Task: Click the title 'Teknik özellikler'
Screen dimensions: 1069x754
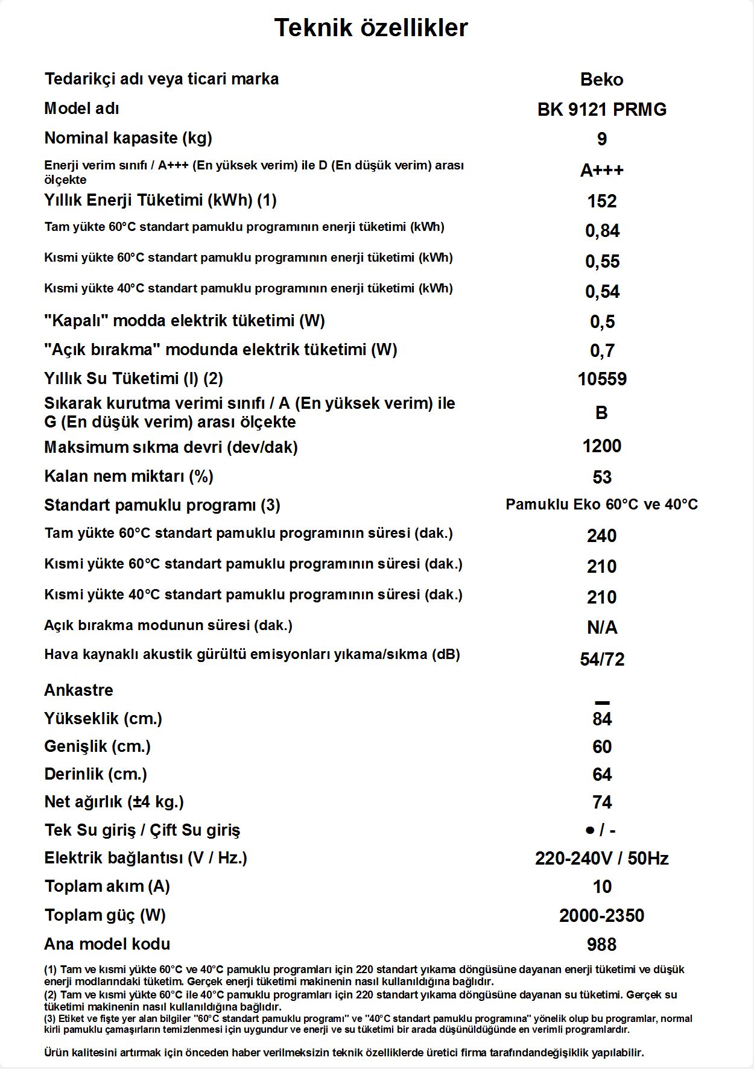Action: (371, 28)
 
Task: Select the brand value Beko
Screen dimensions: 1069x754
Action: (601, 80)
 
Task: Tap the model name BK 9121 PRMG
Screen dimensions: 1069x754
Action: (601, 110)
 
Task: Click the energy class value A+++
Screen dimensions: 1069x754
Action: (601, 171)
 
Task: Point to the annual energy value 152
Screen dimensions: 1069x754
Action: (601, 201)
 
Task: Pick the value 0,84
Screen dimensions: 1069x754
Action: (602, 231)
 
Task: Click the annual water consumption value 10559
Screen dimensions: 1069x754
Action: (601, 379)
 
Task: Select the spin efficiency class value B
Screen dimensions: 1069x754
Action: (601, 413)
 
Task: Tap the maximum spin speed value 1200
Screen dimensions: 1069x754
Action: (601, 446)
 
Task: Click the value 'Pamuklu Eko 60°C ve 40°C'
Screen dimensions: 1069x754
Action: (601, 505)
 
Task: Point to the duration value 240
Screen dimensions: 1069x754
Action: (601, 536)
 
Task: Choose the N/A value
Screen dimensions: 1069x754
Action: (601, 628)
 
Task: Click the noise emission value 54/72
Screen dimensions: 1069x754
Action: (601, 660)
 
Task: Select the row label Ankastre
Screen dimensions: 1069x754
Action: (78, 690)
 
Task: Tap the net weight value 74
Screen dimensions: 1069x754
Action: (601, 803)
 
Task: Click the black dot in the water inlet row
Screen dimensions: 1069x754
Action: (589, 831)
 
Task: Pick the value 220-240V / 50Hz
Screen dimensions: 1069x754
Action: (601, 859)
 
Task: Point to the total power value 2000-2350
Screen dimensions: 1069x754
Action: (601, 916)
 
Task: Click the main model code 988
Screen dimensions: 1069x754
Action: (601, 945)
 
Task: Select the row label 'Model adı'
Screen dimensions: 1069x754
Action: (81, 109)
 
